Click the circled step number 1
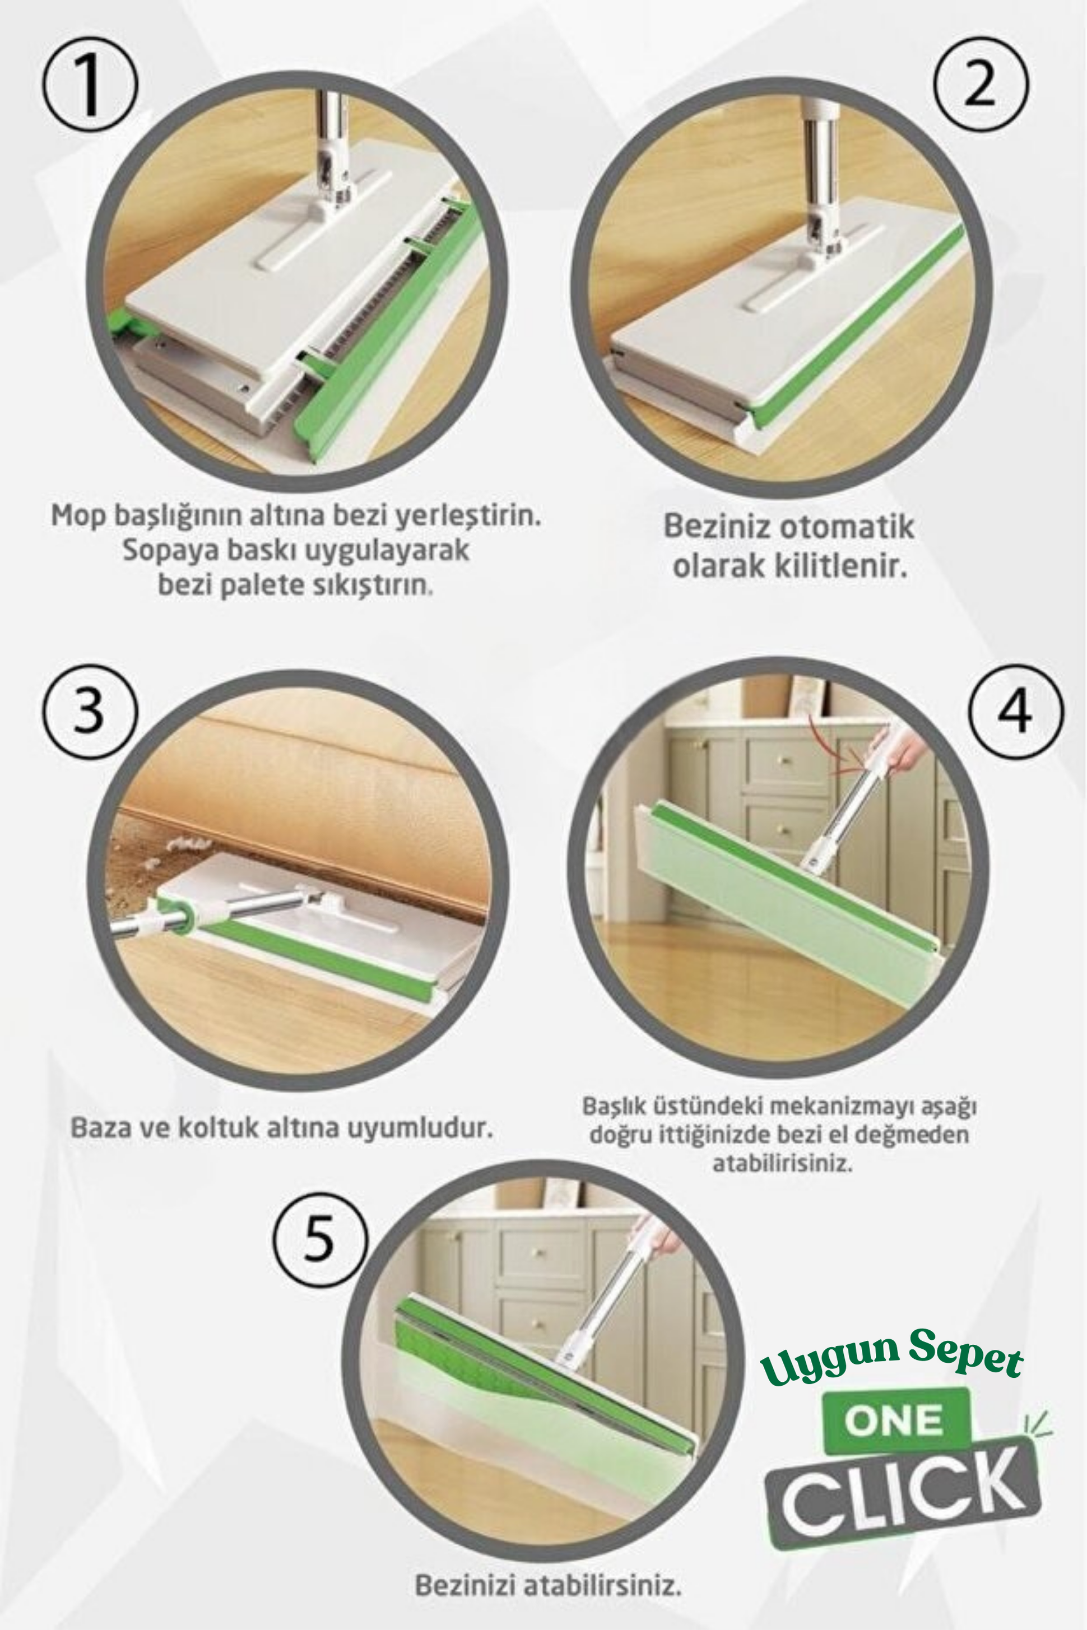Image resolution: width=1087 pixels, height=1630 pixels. [91, 85]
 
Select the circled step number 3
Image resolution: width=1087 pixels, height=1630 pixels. [90, 712]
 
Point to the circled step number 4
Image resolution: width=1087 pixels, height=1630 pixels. [1015, 712]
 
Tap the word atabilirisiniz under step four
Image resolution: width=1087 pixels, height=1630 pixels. [782, 1163]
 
